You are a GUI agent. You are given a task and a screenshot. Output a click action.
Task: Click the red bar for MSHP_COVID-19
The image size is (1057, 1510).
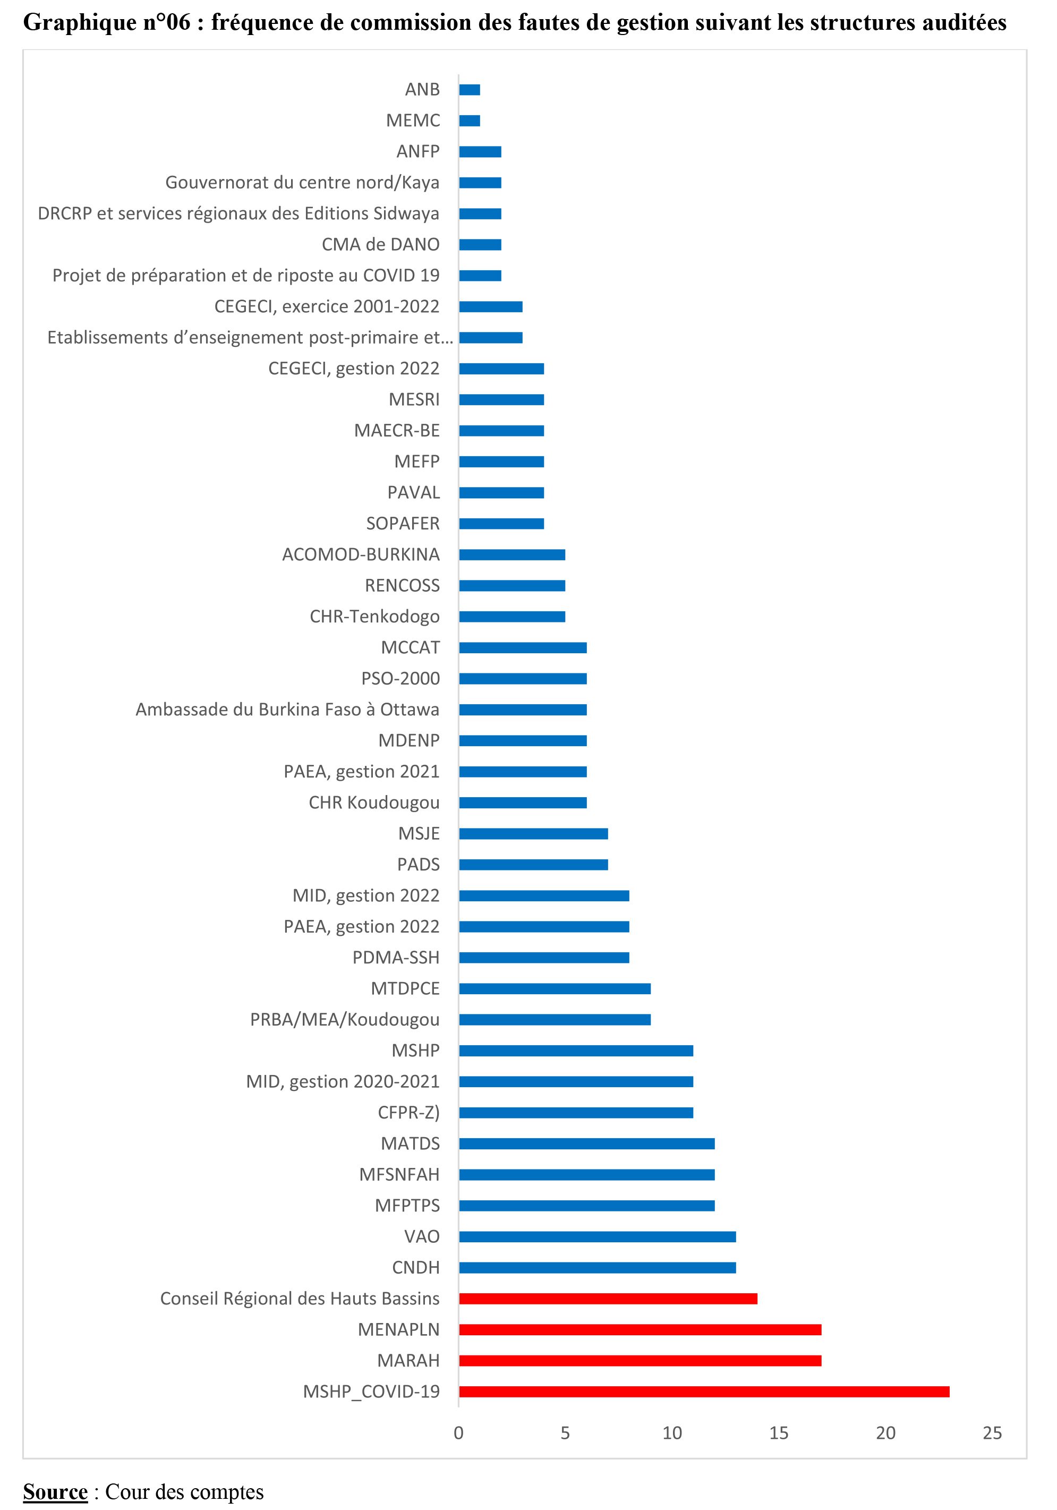point(704,1392)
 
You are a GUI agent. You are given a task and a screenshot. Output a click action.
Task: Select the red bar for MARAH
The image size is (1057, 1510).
point(640,1361)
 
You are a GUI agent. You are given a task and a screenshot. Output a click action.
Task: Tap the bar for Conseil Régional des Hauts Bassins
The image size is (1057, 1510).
point(608,1299)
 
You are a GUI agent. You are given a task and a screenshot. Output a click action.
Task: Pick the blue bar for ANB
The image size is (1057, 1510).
point(470,89)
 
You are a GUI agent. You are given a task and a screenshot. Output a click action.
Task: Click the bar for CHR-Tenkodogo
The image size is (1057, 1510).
point(512,617)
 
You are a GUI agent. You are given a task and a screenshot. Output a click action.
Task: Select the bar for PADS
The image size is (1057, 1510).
point(533,865)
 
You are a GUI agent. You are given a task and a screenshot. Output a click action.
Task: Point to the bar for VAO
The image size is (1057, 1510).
point(597,1237)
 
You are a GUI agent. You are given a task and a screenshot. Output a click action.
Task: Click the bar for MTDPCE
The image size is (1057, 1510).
point(555,989)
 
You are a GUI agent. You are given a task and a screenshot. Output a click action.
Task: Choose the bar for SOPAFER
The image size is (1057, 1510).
point(501,524)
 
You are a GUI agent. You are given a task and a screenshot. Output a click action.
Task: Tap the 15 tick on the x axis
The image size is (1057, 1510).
point(779,1433)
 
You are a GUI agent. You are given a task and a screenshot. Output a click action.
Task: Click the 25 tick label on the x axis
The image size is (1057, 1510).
point(992,1433)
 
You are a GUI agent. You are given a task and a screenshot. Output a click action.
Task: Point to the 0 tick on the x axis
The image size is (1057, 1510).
point(458,1433)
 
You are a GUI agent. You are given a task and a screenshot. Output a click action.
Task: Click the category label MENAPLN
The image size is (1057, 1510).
point(398,1330)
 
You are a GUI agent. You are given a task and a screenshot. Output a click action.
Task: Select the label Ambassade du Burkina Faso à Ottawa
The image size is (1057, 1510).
point(287,710)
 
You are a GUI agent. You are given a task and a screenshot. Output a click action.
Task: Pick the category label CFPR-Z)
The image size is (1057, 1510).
point(408,1113)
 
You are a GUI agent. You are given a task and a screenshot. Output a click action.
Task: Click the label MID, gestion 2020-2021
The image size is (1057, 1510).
point(343,1082)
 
